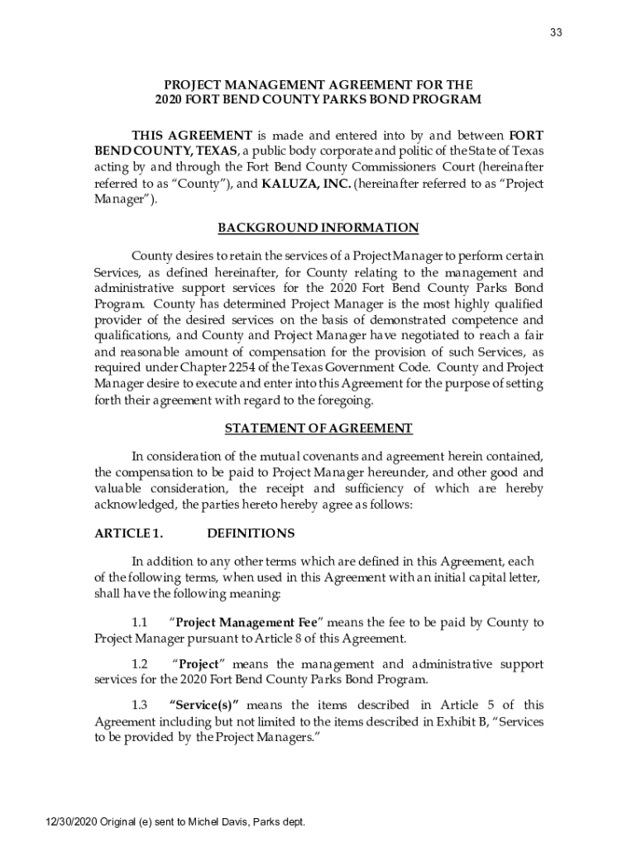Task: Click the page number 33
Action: (556, 33)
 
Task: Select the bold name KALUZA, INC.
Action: (306, 184)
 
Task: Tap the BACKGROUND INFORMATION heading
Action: (318, 227)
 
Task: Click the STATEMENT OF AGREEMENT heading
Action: (318, 428)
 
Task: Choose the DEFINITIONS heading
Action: (251, 534)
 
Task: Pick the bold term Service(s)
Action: (204, 706)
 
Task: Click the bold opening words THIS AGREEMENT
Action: (192, 136)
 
